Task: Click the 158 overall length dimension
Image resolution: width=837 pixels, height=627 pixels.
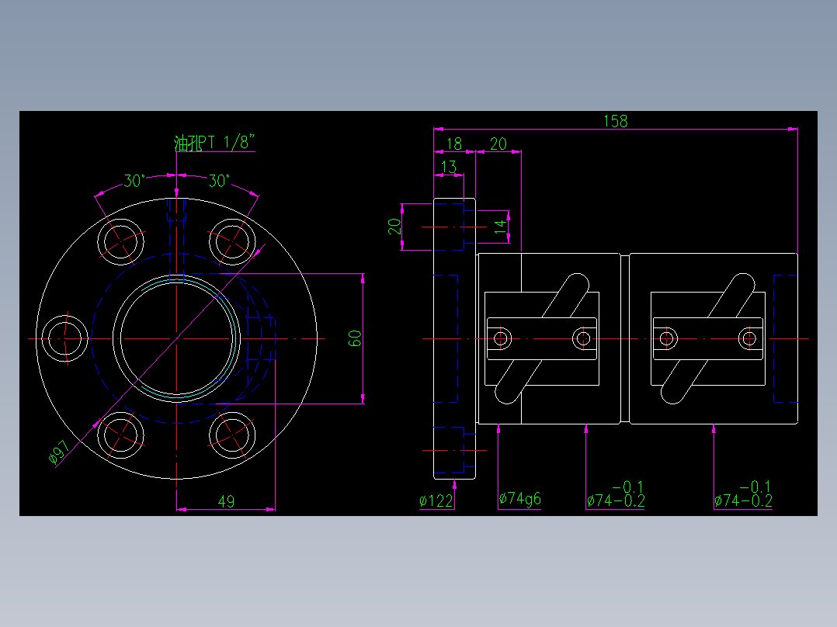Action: pos(615,120)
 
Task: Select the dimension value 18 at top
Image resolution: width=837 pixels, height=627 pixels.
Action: pos(454,144)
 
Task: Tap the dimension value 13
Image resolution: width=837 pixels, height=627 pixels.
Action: pos(448,167)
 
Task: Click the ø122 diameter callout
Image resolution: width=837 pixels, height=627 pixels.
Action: pos(436,501)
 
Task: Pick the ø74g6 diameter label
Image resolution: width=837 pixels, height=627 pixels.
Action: pos(519,499)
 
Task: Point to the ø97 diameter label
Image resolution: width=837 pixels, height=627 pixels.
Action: pos(60,452)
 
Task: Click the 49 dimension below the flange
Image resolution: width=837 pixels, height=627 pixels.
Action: pos(226,501)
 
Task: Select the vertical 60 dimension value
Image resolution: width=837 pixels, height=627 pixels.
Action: pos(356,338)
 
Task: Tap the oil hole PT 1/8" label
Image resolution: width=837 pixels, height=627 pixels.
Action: pos(215,143)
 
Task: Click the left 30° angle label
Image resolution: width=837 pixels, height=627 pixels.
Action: pos(134,181)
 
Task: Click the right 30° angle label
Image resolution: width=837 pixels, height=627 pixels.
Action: pos(220,181)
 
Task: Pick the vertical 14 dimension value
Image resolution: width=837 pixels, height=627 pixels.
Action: pos(501,226)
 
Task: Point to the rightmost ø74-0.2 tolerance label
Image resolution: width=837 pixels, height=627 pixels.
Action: pos(743,501)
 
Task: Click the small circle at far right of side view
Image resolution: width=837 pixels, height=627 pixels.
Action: pos(748,338)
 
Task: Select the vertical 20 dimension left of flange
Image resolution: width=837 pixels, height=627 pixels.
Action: pos(394,226)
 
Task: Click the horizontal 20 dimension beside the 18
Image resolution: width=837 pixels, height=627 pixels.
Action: pos(498,144)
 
